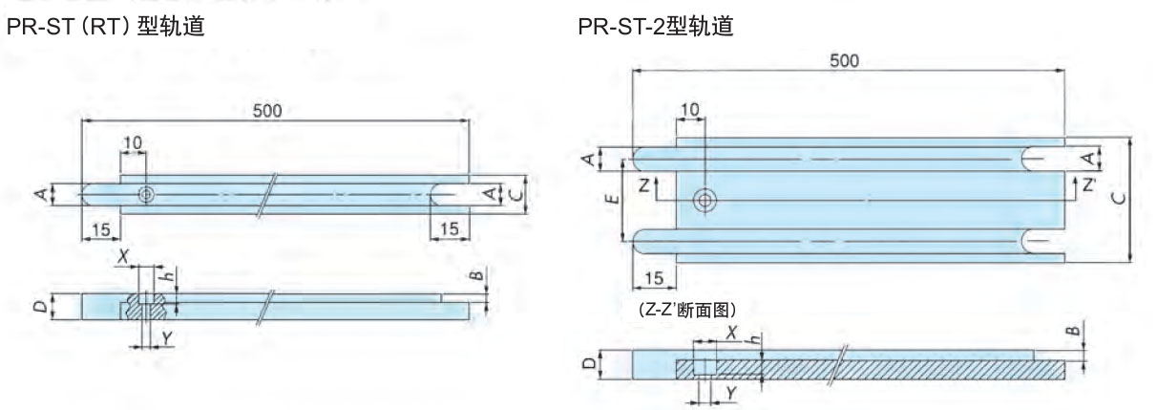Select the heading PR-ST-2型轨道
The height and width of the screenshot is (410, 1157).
(x=656, y=29)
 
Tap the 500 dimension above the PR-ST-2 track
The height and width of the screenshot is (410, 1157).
(x=843, y=60)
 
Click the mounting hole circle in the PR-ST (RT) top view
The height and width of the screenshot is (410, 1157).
(x=145, y=194)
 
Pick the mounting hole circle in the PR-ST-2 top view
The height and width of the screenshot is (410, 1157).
(x=705, y=200)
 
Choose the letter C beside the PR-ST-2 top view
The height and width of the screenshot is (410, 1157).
(x=1143, y=198)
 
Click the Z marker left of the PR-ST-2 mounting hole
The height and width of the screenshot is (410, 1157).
(x=645, y=185)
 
